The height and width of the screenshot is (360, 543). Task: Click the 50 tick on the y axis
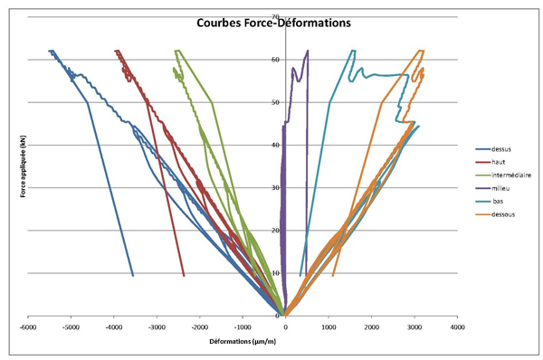276,102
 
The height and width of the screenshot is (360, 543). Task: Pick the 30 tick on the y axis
276,187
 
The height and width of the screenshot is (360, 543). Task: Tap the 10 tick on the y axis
276,272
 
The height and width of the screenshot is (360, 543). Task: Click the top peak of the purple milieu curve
309,51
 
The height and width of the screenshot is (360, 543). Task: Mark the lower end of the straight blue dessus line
133,275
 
